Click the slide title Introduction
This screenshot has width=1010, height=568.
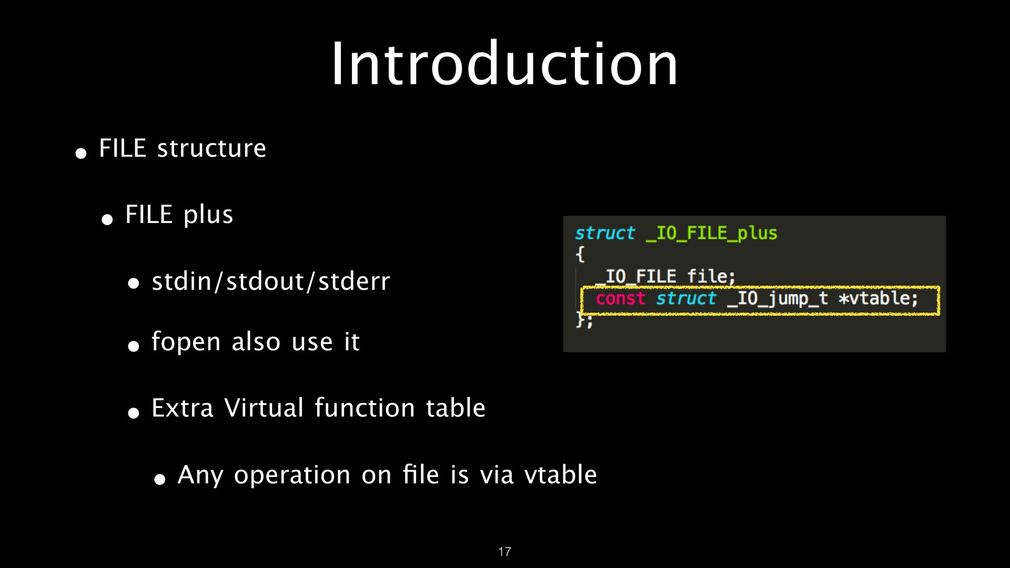(504, 64)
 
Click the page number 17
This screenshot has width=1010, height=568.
(504, 552)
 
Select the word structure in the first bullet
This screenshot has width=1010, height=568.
(211, 148)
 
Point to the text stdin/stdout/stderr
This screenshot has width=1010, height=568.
(271, 281)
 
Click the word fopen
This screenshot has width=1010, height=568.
(186, 342)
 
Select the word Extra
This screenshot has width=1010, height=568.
(183, 408)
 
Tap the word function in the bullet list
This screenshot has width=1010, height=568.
(365, 408)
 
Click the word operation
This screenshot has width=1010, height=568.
(292, 475)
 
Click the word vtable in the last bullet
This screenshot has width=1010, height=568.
(561, 475)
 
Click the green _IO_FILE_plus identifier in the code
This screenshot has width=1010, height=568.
(712, 233)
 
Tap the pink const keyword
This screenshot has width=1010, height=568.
(621, 299)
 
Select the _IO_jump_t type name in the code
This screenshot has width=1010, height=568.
(777, 299)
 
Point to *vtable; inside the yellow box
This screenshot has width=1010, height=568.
(878, 299)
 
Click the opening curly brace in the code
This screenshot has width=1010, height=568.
(580, 255)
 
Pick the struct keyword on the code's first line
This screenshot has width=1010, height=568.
(605, 233)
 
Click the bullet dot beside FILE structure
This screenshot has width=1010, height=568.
(81, 153)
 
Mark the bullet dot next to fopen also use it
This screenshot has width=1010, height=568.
(134, 346)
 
